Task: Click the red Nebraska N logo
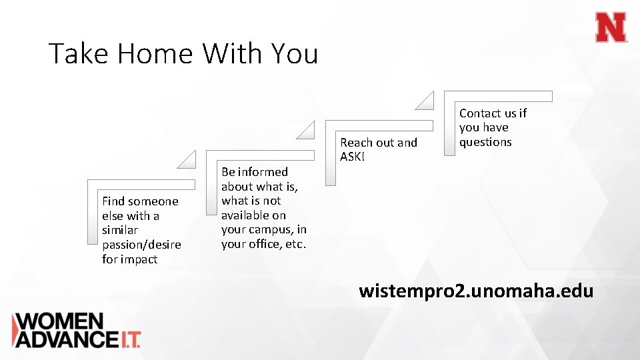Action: click(x=611, y=28)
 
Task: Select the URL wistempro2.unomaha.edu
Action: click(x=475, y=291)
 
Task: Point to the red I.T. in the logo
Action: click(x=129, y=339)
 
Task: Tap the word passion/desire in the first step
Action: click(x=141, y=245)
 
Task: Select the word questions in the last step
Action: click(x=485, y=142)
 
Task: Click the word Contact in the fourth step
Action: click(x=479, y=113)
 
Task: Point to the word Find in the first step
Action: click(x=113, y=201)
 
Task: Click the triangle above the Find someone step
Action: click(x=188, y=160)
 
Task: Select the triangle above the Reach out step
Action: click(x=425, y=101)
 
